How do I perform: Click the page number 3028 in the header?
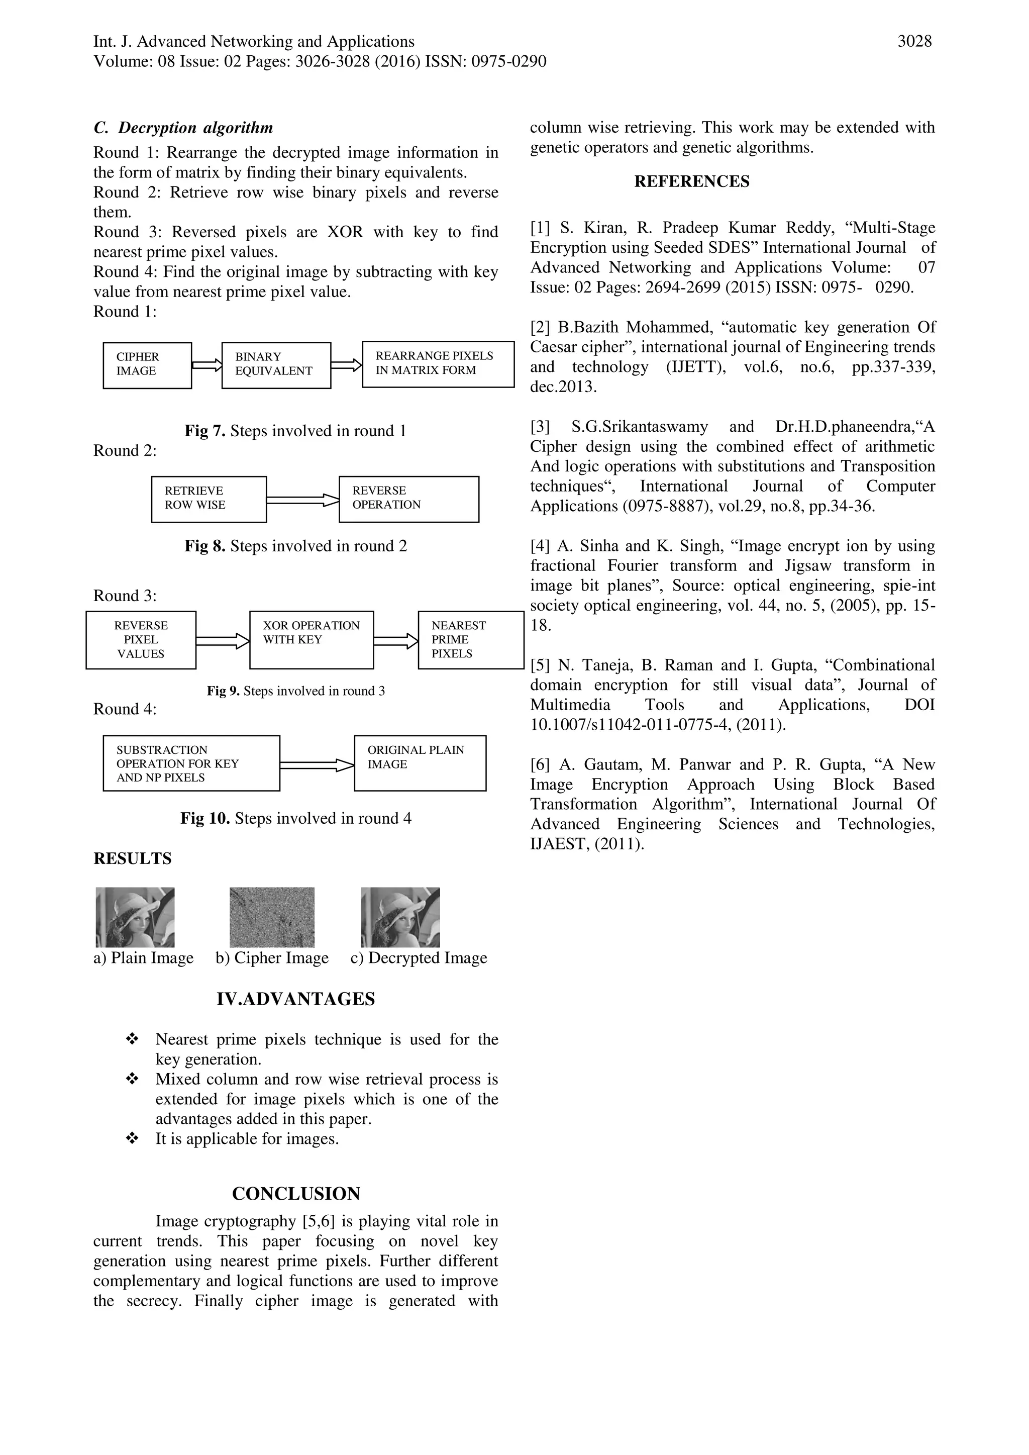point(914,42)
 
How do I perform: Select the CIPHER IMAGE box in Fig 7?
point(147,365)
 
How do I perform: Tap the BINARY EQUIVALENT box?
point(276,365)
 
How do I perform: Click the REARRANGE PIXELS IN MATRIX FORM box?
point(438,364)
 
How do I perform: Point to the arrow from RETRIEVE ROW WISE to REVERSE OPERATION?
point(302,500)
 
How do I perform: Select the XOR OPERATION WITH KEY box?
point(311,639)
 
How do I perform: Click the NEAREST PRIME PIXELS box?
point(470,639)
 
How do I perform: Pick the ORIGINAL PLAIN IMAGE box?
point(420,763)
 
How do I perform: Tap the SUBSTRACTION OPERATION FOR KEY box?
point(191,763)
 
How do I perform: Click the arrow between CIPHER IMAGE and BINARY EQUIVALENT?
point(207,365)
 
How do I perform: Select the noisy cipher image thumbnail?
point(272,917)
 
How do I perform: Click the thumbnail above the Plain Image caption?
point(135,917)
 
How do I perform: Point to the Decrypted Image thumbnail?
point(400,917)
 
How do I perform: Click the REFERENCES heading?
point(691,182)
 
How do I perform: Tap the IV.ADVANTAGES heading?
point(295,999)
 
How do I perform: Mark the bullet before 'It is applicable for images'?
point(133,1139)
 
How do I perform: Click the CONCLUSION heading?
point(295,1194)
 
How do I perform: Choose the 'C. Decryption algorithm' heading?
point(183,128)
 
